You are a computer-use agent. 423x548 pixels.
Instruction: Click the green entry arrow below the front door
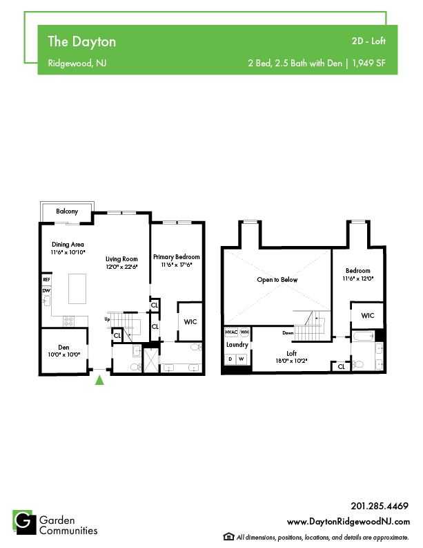(99, 380)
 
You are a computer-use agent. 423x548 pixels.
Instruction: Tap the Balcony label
(67, 211)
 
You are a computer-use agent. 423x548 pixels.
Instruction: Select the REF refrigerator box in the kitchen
(46, 280)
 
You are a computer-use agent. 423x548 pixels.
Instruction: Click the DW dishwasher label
(46, 290)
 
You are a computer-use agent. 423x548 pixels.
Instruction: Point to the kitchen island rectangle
(77, 289)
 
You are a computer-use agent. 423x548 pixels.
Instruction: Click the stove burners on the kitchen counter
(69, 321)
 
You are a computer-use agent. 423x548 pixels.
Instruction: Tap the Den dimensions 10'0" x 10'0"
(64, 355)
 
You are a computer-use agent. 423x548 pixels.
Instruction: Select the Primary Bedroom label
(177, 257)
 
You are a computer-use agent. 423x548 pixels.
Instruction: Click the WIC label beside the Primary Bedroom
(190, 322)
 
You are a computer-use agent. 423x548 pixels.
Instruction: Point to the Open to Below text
(277, 280)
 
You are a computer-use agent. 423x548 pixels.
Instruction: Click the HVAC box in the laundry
(231, 332)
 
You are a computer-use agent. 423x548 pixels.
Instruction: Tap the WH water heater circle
(245, 332)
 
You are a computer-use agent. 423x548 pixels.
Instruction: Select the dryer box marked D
(230, 359)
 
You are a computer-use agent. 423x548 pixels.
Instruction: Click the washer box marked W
(242, 359)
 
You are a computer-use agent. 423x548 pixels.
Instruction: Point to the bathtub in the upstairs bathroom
(364, 337)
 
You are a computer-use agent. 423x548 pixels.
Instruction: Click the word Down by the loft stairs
(288, 332)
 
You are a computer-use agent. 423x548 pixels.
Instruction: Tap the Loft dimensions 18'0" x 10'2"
(291, 361)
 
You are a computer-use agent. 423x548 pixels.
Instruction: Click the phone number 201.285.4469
(380, 506)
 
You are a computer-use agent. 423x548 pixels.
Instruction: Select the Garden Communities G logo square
(24, 522)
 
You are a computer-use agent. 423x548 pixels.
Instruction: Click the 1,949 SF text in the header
(369, 64)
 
